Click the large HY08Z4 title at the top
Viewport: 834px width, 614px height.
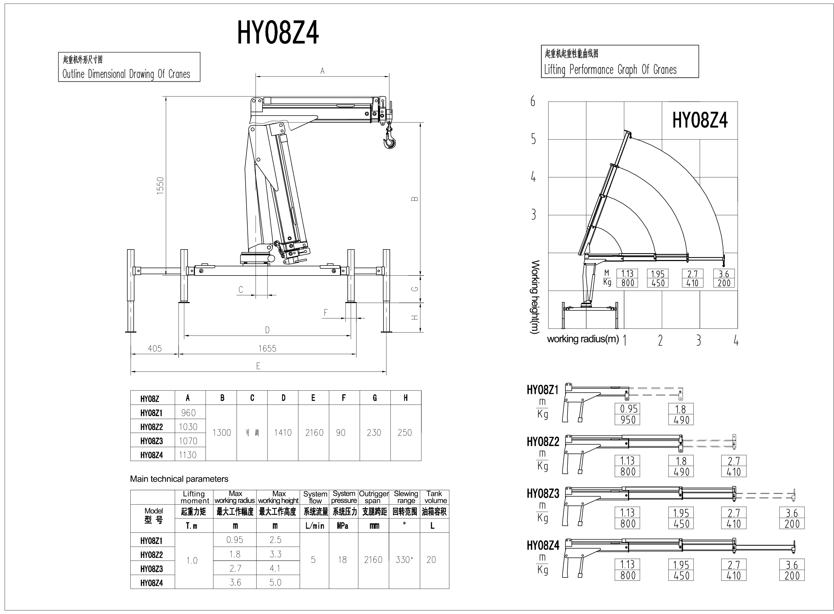tap(278, 33)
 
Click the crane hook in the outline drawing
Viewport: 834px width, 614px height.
tap(389, 141)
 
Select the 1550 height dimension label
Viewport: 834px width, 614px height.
tap(160, 186)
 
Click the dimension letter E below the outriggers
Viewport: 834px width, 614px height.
tap(258, 366)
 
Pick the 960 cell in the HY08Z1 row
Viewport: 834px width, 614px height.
tap(188, 413)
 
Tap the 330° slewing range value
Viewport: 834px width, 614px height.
tap(404, 560)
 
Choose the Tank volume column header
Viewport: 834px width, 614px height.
tap(434, 497)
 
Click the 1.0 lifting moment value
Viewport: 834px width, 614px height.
tap(192, 560)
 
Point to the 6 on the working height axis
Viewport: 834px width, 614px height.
tap(533, 101)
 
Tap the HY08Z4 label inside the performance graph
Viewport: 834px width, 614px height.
tap(700, 121)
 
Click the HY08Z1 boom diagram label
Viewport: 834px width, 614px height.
tap(543, 390)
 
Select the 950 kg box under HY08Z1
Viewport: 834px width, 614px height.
tap(628, 420)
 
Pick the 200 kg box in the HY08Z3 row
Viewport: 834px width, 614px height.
tap(792, 524)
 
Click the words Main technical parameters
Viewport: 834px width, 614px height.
tap(179, 479)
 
